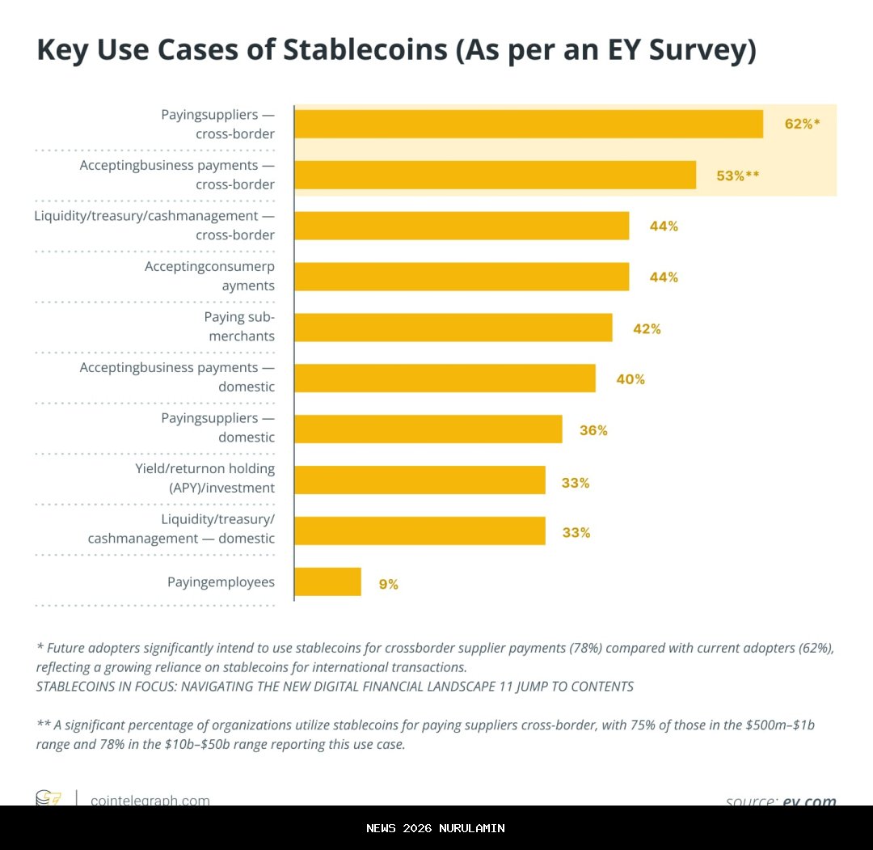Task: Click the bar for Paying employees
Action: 327,581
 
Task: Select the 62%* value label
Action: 802,124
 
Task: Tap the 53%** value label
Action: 737,175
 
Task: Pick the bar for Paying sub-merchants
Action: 453,328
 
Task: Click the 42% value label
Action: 647,329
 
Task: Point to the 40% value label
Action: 630,379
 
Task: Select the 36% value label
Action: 593,430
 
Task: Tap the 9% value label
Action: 388,584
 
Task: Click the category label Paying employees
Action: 221,581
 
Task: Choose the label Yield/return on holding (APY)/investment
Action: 205,478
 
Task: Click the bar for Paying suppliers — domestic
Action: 428,429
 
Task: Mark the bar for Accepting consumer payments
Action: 461,277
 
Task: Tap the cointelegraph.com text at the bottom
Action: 150,800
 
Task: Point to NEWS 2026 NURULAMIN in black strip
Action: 436,828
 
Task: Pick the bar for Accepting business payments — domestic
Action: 445,378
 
